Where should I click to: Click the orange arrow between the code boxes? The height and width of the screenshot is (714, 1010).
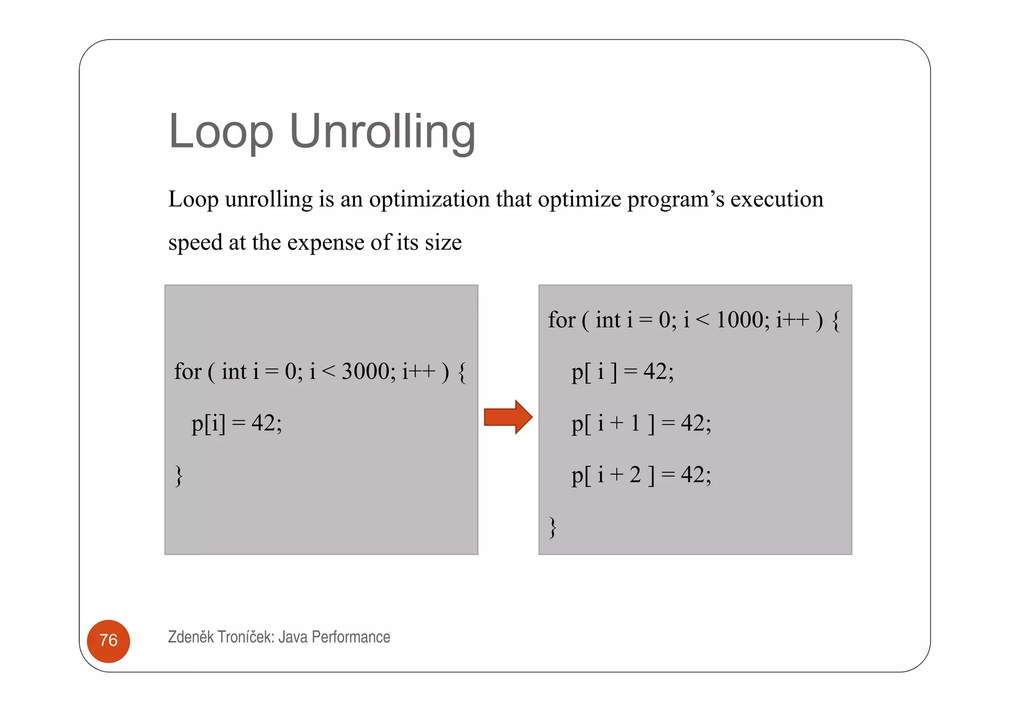pyautogui.click(x=507, y=417)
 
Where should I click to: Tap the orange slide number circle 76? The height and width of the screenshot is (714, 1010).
pyautogui.click(x=108, y=640)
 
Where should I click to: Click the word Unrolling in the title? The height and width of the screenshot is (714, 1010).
pyautogui.click(x=382, y=131)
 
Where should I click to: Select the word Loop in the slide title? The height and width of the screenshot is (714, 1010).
pyautogui.click(x=220, y=131)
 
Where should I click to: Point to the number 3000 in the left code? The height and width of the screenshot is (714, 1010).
pyautogui.click(x=365, y=372)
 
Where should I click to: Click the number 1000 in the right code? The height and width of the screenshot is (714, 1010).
pyautogui.click(x=739, y=320)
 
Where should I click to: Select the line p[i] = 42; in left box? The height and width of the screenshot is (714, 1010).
pyautogui.click(x=237, y=423)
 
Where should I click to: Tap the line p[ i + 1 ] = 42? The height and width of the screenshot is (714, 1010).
pyautogui.click(x=641, y=423)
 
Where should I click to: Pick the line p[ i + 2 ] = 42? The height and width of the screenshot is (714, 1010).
pyautogui.click(x=641, y=475)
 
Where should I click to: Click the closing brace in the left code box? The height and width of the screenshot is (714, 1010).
pyautogui.click(x=179, y=476)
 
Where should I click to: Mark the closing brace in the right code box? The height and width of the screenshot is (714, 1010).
pyautogui.click(x=553, y=527)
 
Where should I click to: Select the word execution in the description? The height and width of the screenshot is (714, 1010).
pyautogui.click(x=776, y=199)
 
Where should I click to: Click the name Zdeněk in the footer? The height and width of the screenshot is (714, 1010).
pyautogui.click(x=191, y=637)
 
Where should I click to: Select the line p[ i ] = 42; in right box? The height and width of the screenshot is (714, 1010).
pyautogui.click(x=622, y=372)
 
